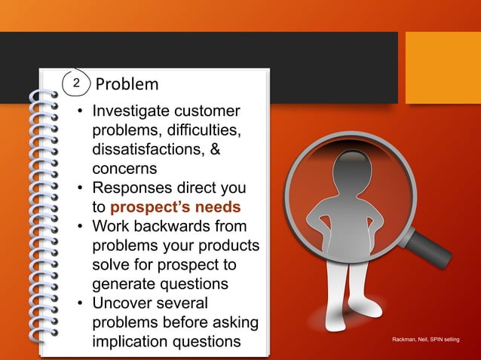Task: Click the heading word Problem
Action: point(127,84)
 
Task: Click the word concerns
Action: point(124,168)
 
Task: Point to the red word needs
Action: point(221,206)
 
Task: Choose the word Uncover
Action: point(122,304)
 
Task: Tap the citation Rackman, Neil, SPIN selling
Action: point(426,341)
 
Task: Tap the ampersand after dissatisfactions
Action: point(215,149)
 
